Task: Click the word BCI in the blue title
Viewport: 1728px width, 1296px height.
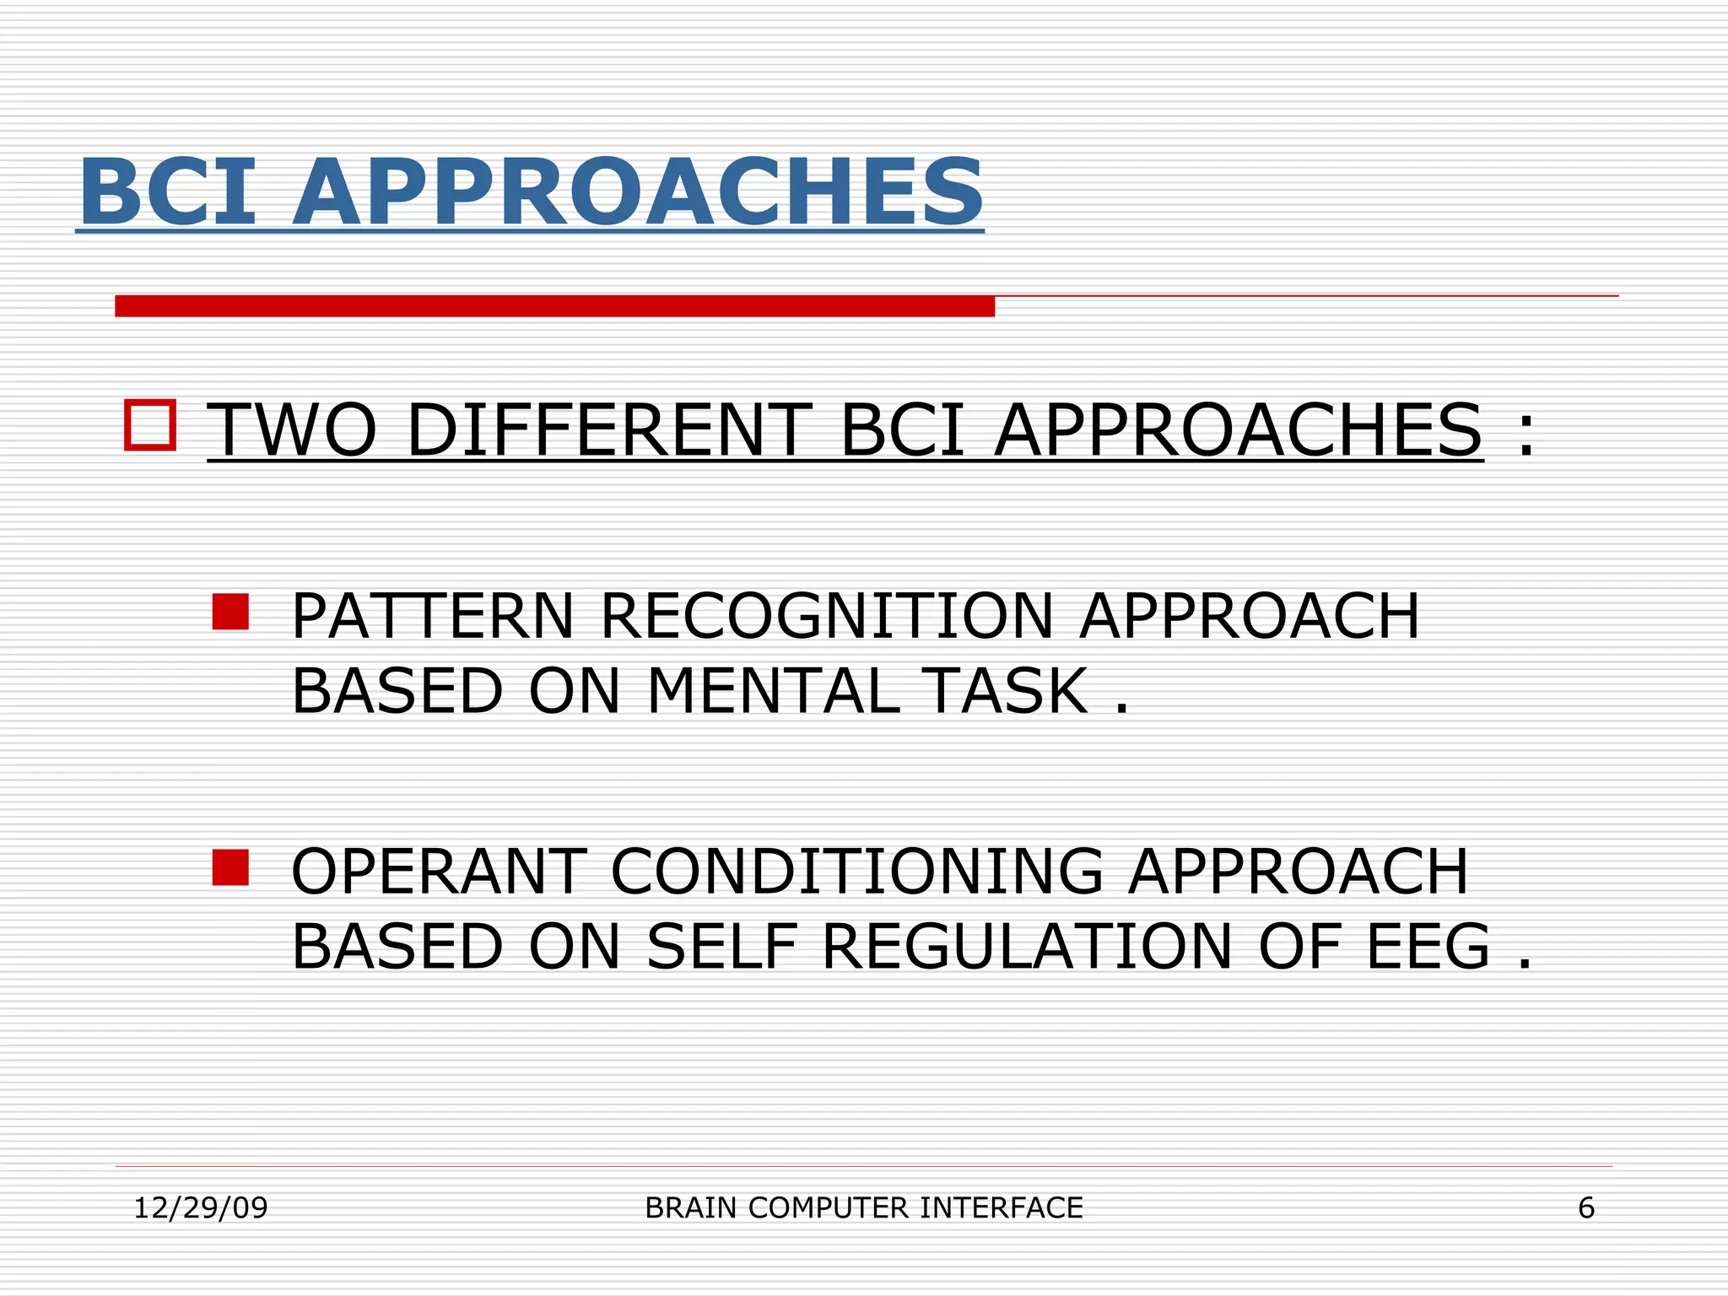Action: coord(167,192)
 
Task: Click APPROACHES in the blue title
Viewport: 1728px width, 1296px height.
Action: coord(638,192)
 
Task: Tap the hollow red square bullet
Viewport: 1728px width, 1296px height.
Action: coord(150,425)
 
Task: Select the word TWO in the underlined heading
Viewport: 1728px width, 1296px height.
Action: coord(292,430)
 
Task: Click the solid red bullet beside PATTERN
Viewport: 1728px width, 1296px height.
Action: coord(230,612)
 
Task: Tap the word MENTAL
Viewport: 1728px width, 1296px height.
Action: coord(773,691)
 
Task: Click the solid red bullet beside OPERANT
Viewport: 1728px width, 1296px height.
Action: coord(230,867)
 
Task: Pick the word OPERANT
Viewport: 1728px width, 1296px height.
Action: coord(439,872)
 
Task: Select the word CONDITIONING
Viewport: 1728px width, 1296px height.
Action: coord(856,872)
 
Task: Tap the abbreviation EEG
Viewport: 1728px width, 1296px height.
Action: coord(1428,947)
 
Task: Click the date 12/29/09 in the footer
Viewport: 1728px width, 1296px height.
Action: coord(201,1208)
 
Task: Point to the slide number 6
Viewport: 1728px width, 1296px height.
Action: coord(1586,1208)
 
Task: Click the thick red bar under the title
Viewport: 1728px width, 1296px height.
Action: coord(554,306)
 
